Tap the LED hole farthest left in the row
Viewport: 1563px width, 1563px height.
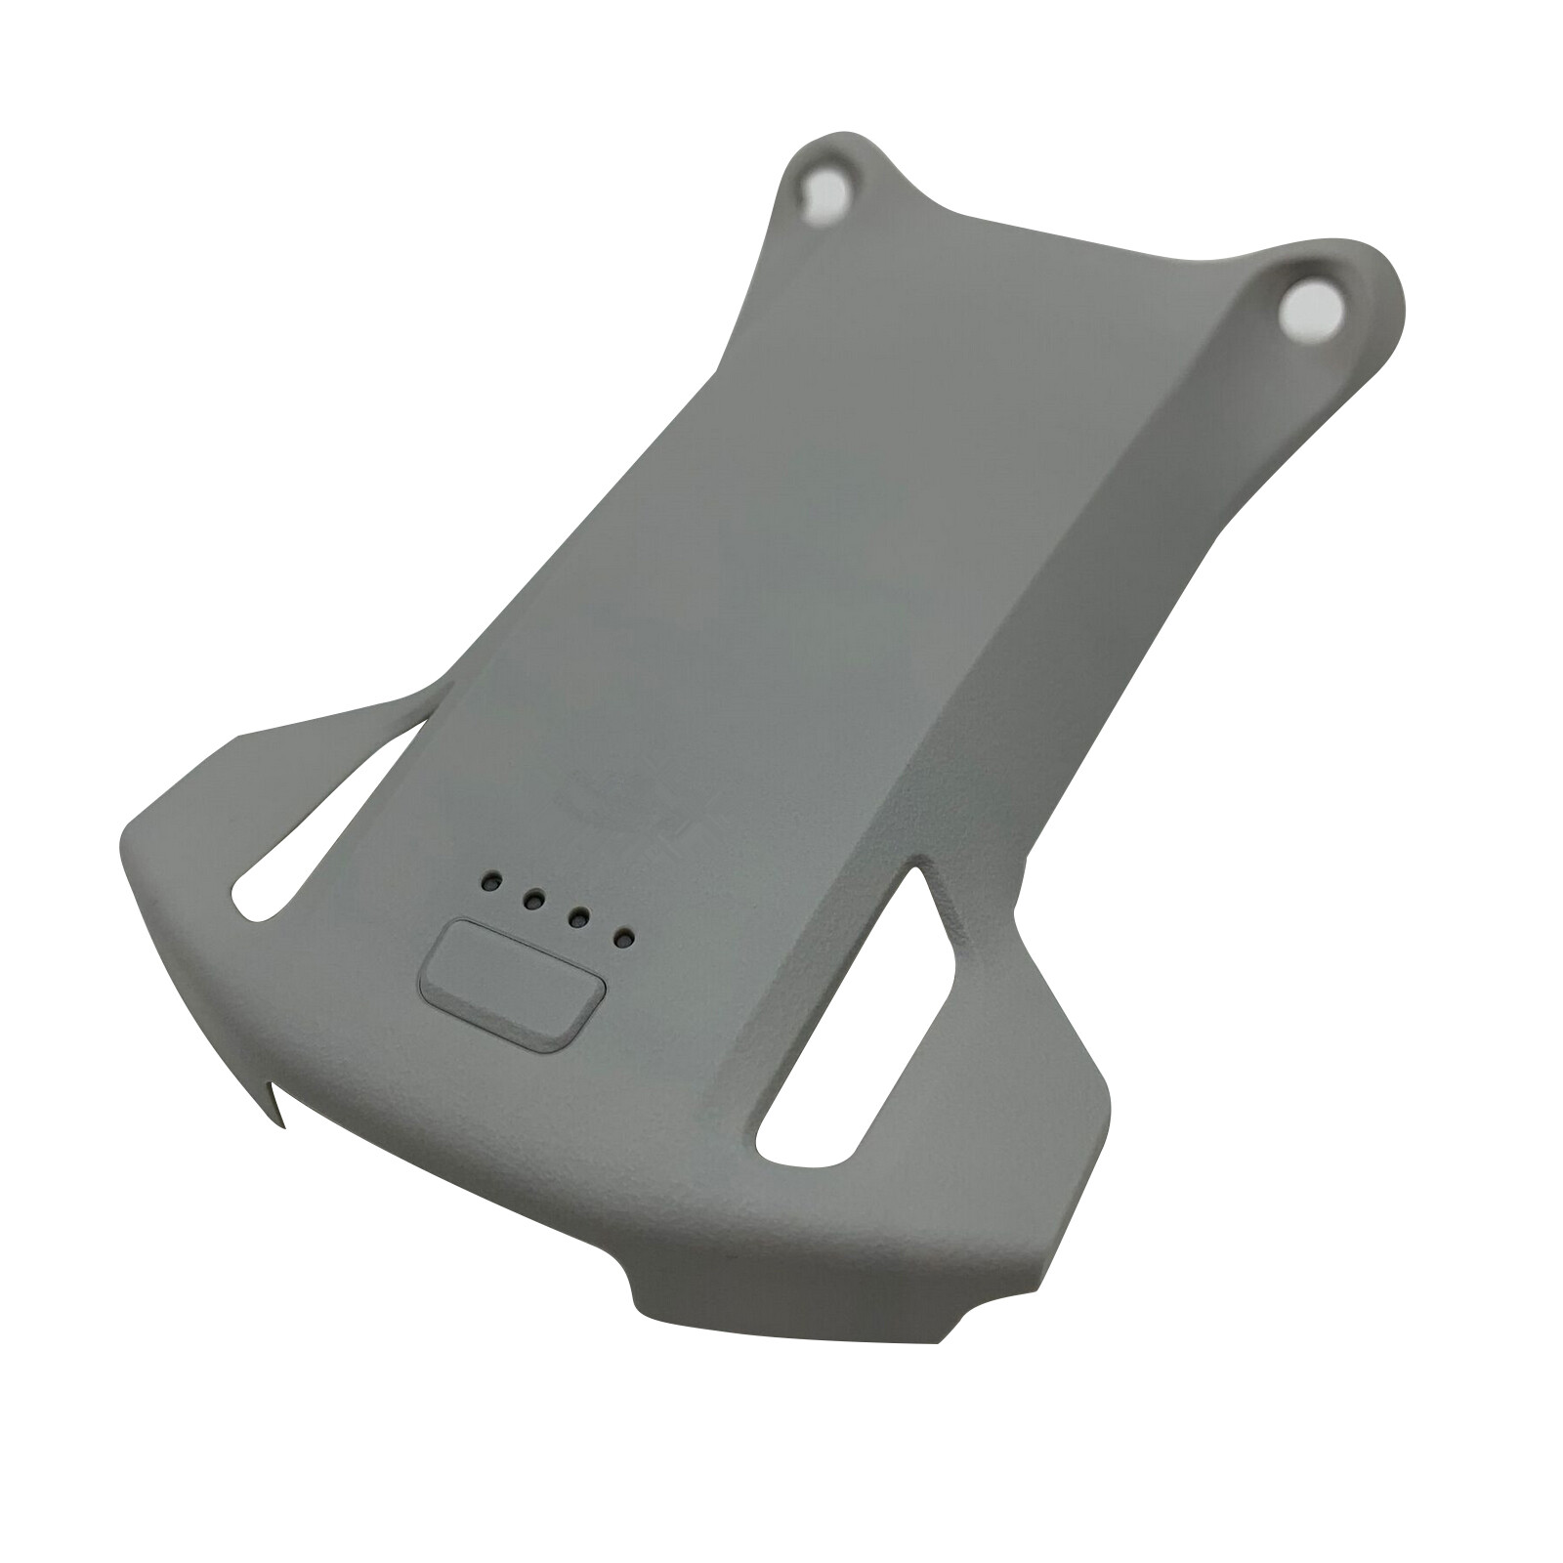tap(486, 882)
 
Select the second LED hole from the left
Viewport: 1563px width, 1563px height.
tap(532, 900)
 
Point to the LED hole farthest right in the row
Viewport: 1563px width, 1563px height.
tap(623, 940)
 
